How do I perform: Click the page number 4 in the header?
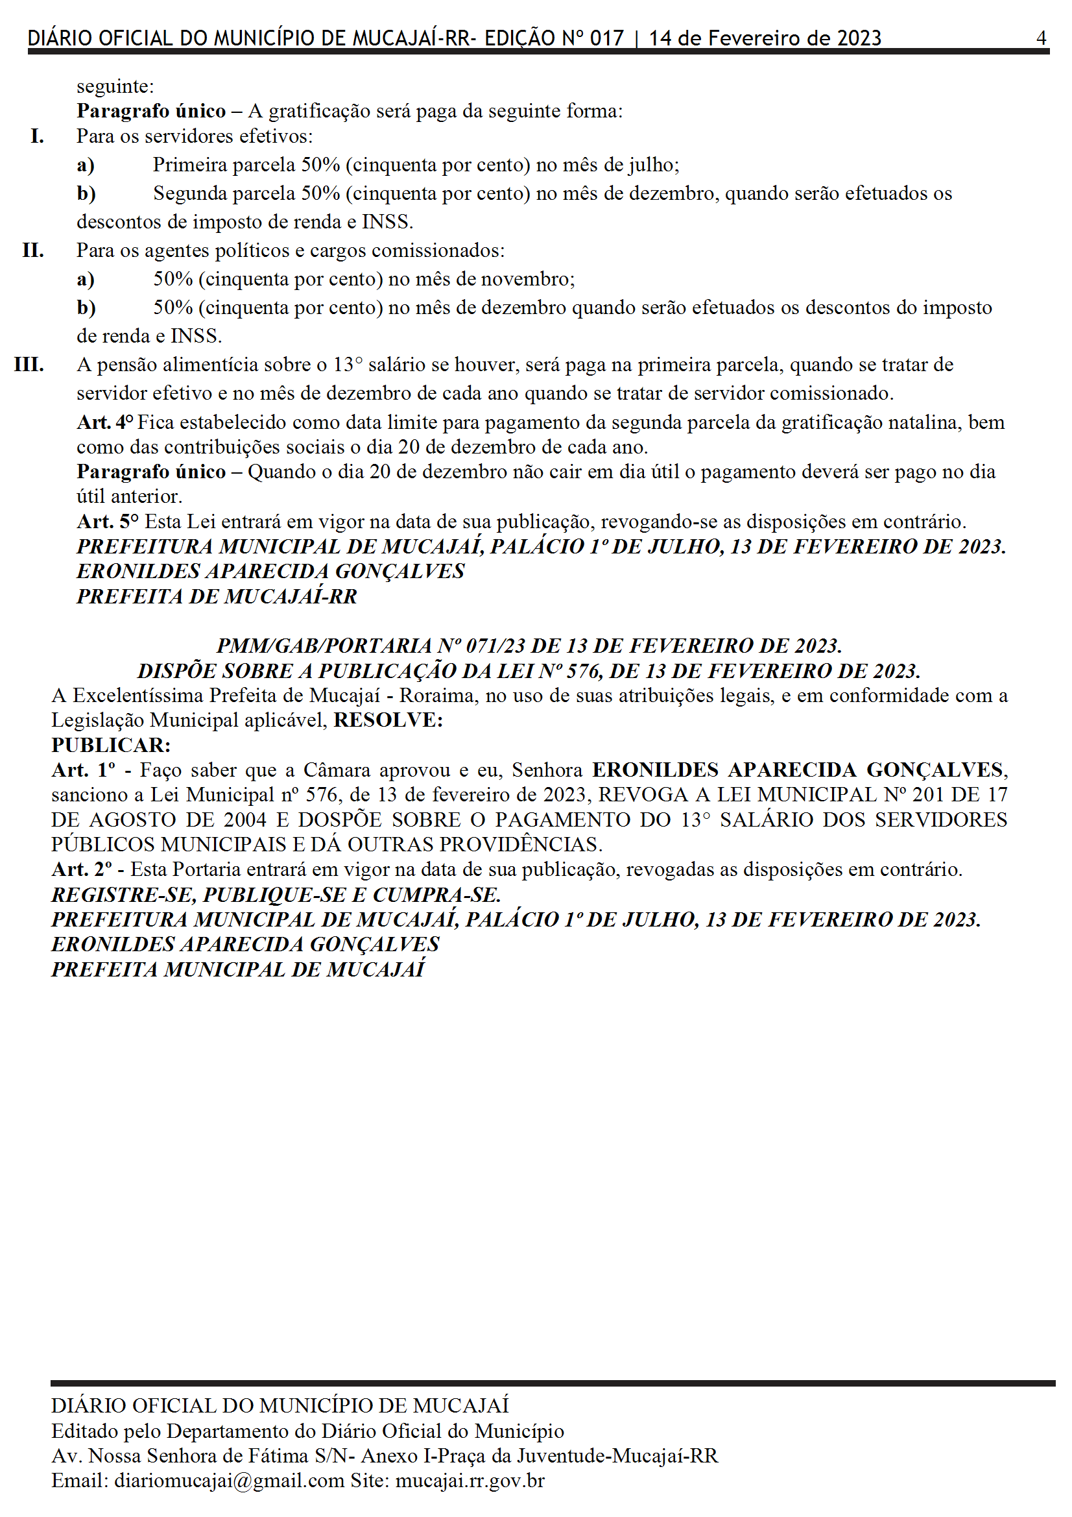coord(1041,38)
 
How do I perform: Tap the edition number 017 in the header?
coord(606,38)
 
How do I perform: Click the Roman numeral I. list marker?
coord(37,136)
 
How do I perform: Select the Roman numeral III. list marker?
coord(29,365)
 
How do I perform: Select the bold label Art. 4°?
coord(105,422)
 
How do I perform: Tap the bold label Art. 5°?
coord(108,521)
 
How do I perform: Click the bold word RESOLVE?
coord(388,720)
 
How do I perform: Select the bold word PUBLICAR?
coord(111,746)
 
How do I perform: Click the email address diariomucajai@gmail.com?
coord(230,1481)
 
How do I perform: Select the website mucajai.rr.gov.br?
coord(470,1481)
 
